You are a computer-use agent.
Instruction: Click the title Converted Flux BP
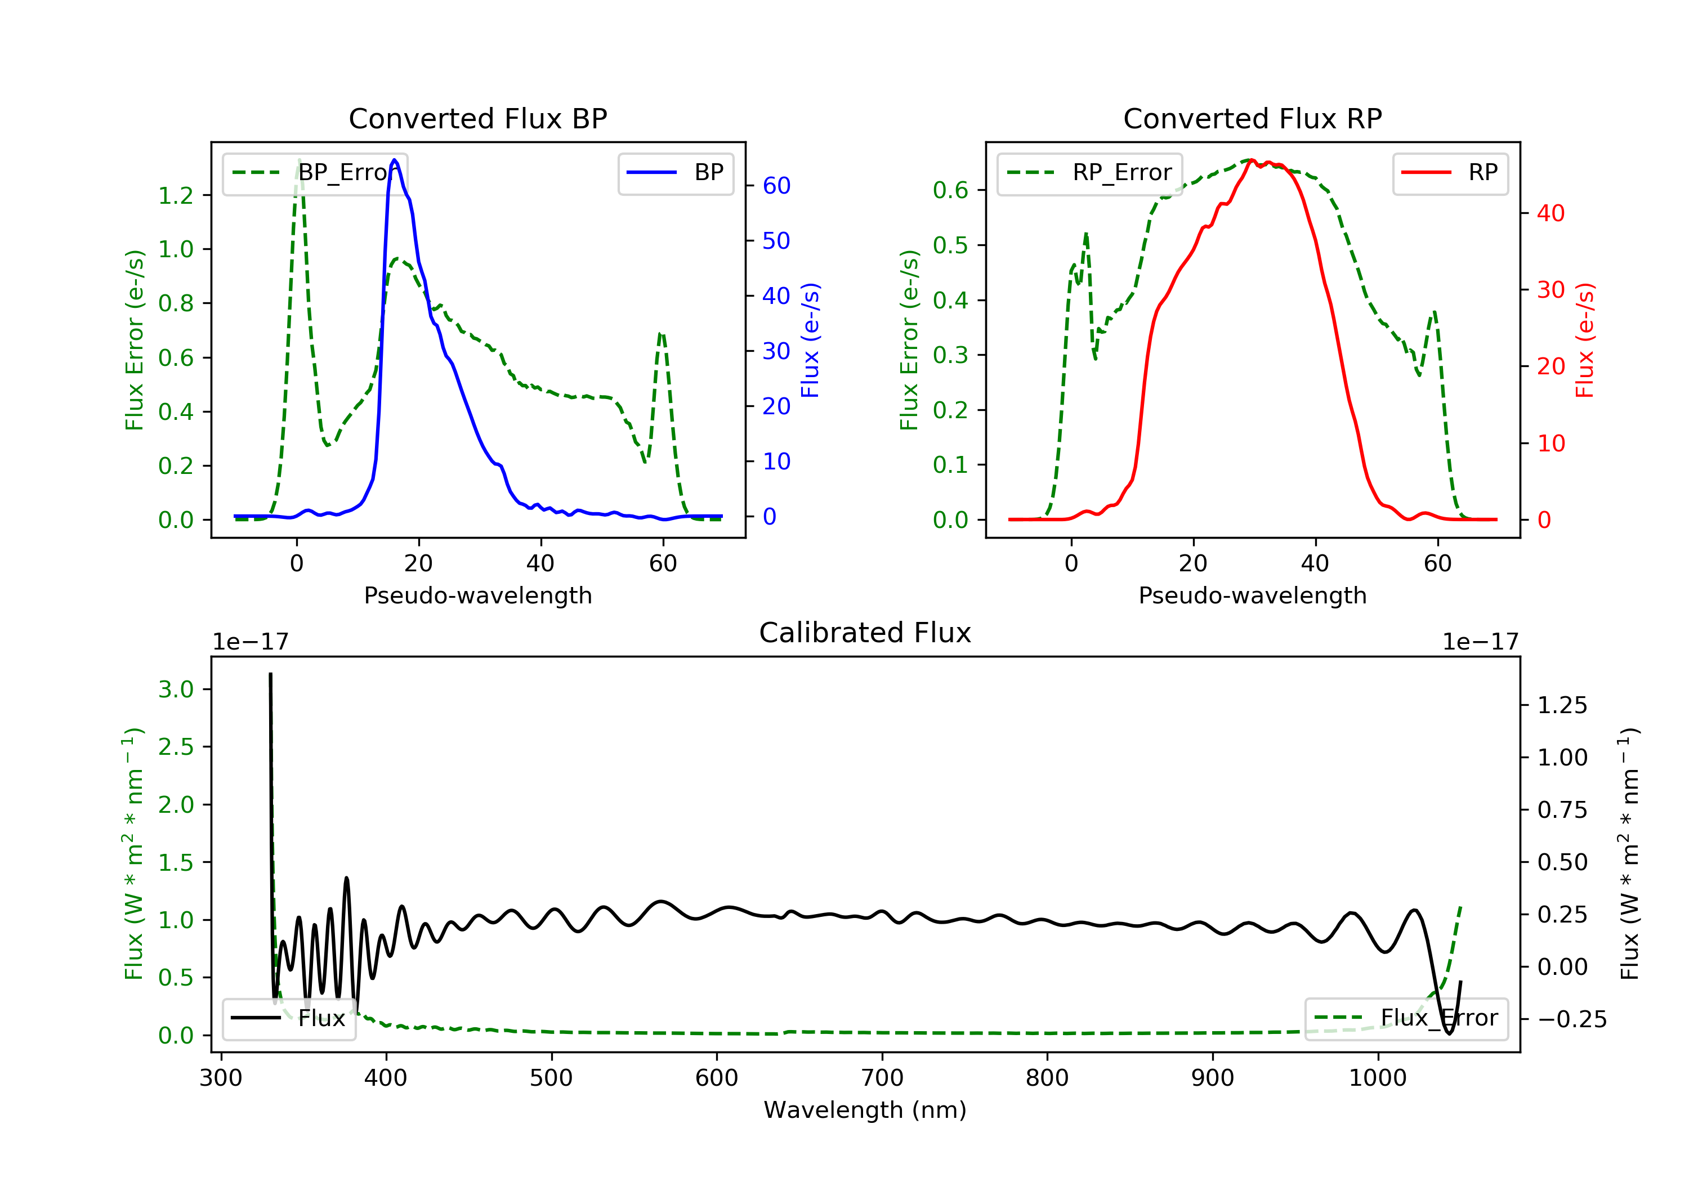477,118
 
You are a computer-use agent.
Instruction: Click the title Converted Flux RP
1252,118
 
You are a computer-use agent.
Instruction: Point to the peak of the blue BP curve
395,160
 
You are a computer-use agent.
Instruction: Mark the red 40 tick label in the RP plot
1550,213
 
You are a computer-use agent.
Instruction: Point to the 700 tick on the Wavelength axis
882,1078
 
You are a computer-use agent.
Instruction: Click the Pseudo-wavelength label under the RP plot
1252,595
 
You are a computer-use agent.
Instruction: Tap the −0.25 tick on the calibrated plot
1571,1019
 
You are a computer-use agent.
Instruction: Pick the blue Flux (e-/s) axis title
810,340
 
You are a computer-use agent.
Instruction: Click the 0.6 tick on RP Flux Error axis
950,190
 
